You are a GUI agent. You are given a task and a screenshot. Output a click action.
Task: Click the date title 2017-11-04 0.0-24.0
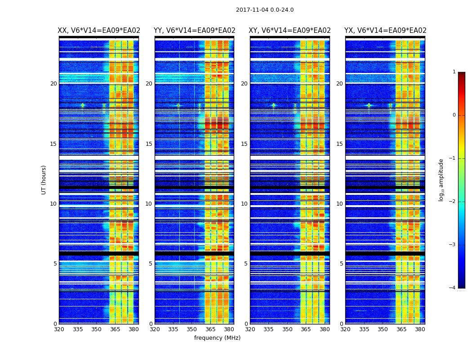click(x=265, y=10)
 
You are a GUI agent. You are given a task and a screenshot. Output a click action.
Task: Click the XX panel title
click(x=99, y=31)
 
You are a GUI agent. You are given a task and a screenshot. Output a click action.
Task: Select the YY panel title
click(x=194, y=31)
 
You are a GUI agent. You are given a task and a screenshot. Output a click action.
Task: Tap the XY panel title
click(x=289, y=31)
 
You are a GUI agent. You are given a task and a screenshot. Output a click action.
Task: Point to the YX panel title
click(x=385, y=31)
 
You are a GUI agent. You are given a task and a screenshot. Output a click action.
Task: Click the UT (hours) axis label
click(x=44, y=180)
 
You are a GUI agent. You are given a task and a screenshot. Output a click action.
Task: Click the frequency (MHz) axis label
click(x=217, y=338)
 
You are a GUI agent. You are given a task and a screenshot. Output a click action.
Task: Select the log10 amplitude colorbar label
click(x=441, y=180)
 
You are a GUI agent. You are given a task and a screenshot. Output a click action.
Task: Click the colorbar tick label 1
click(x=454, y=72)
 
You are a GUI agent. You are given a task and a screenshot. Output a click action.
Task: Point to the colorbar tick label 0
click(x=454, y=115)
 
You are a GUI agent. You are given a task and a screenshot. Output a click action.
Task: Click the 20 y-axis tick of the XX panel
click(x=53, y=84)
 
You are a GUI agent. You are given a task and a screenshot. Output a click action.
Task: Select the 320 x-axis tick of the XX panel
click(x=59, y=329)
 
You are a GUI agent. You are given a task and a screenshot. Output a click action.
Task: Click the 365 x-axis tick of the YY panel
click(x=210, y=329)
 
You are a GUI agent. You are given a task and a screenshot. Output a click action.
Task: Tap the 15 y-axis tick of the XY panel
click(x=244, y=144)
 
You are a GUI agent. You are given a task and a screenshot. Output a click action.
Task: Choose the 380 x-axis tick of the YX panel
click(x=420, y=329)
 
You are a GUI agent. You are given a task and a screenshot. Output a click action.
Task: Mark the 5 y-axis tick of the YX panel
click(x=341, y=264)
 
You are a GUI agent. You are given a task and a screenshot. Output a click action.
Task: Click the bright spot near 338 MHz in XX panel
click(x=82, y=105)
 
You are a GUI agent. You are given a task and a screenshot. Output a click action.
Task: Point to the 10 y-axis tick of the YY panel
click(x=149, y=204)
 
